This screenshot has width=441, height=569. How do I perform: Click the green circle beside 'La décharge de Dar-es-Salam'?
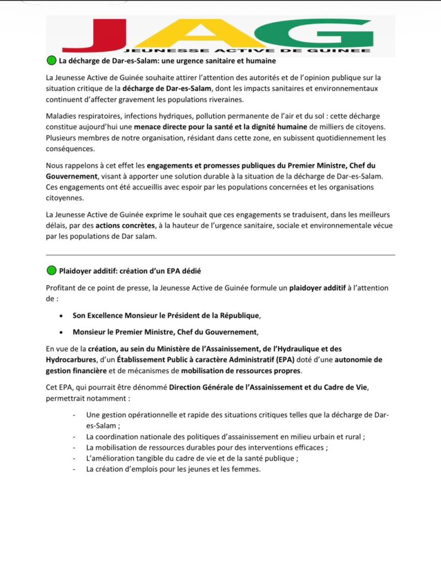pyautogui.click(x=51, y=61)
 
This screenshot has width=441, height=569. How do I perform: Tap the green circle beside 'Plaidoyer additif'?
pyautogui.click(x=51, y=271)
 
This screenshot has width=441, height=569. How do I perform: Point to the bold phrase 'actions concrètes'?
pyautogui.click(x=126, y=226)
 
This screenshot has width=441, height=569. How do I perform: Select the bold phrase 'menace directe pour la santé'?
pyautogui.click(x=184, y=127)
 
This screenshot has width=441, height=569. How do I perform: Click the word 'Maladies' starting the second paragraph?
pyautogui.click(x=62, y=116)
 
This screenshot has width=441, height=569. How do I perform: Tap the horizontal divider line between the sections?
pyautogui.click(x=220, y=255)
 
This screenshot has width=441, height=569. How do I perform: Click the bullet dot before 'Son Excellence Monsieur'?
pyautogui.click(x=61, y=316)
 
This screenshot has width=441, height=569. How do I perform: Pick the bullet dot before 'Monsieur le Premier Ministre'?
pyautogui.click(x=61, y=333)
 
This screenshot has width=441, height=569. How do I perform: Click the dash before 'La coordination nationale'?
pyautogui.click(x=74, y=436)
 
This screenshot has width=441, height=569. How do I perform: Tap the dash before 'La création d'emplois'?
pyautogui.click(x=74, y=469)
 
